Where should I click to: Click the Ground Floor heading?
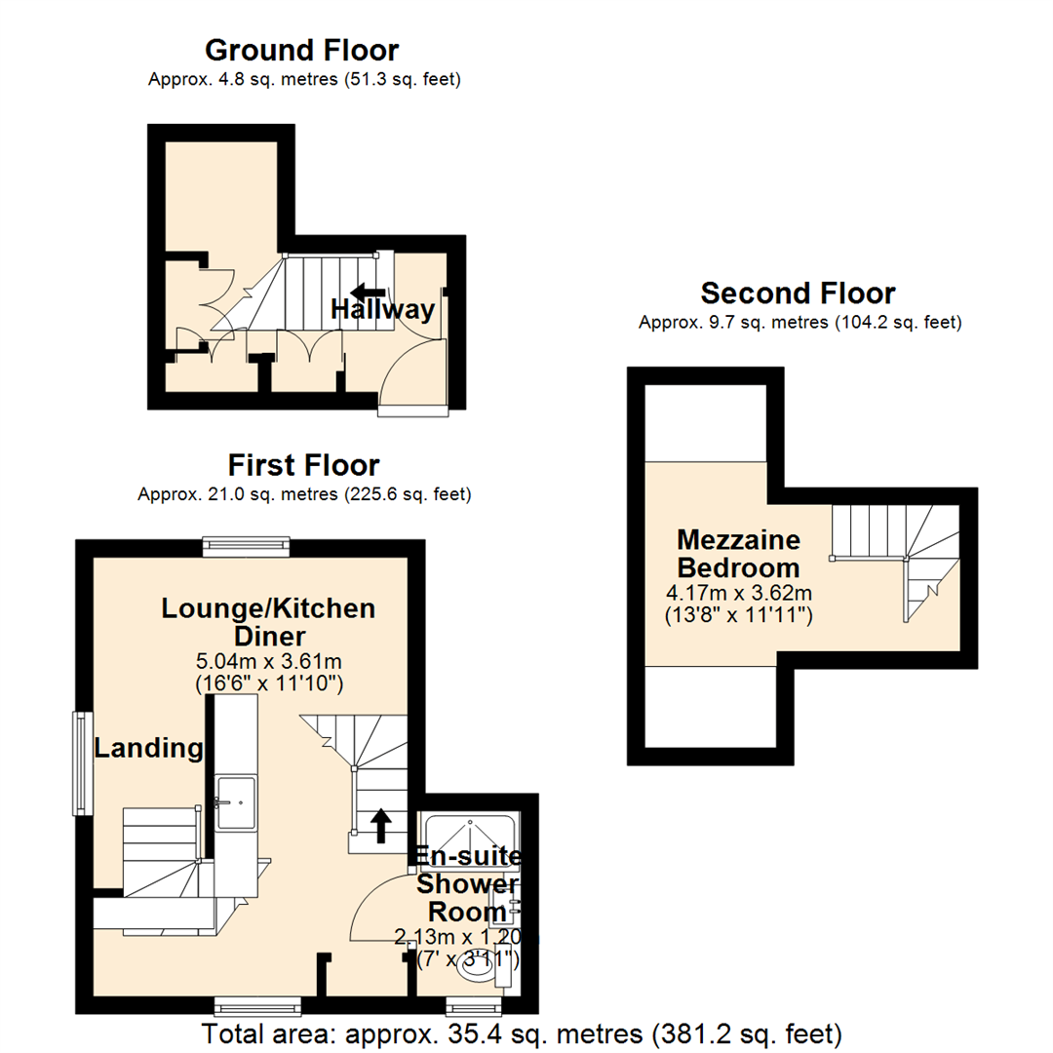coord(302,50)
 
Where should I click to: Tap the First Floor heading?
coord(303,464)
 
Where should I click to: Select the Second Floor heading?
coord(798,292)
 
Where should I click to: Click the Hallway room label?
coord(383,310)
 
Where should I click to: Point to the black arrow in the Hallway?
coord(368,292)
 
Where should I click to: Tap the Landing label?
coord(148,749)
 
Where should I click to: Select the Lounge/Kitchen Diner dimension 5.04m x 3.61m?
coord(268,663)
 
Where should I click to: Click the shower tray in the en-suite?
coord(469,836)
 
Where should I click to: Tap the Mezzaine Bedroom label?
coord(739,553)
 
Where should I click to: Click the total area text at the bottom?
coord(522,1033)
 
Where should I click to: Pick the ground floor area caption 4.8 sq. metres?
coord(304,80)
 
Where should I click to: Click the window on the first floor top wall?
coord(247,547)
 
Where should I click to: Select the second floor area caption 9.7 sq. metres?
coord(800,322)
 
